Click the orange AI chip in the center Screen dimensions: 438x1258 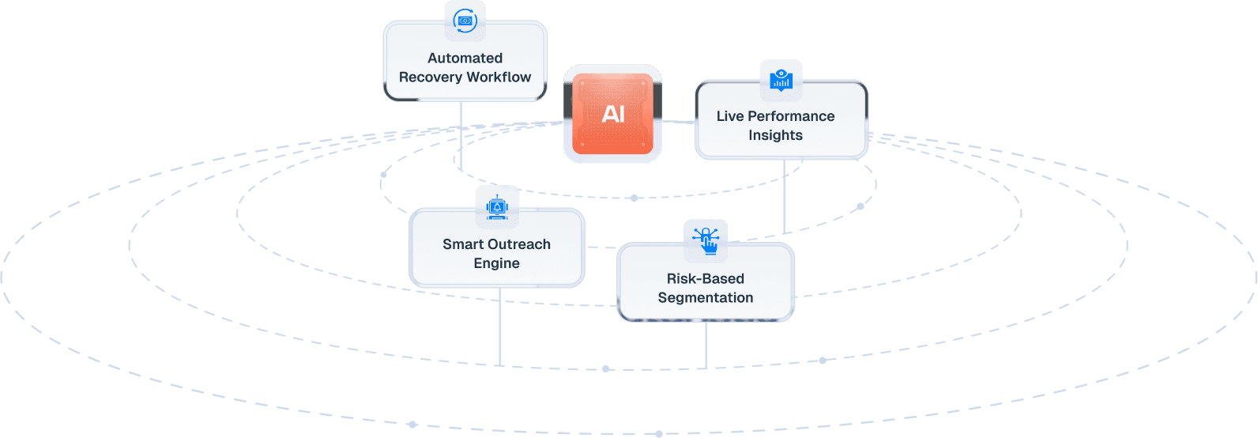[x=612, y=114]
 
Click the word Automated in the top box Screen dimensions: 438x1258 [x=465, y=58]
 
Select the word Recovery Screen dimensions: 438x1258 [x=431, y=77]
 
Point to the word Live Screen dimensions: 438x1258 [x=730, y=116]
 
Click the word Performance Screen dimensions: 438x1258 [x=791, y=116]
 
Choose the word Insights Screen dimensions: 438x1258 [x=775, y=135]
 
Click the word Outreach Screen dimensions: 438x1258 [x=519, y=244]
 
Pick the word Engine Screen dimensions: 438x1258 [x=496, y=263]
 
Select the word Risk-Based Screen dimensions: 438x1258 [x=705, y=278]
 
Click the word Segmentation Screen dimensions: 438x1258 [x=705, y=297]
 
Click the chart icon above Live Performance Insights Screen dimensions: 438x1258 [x=781, y=79]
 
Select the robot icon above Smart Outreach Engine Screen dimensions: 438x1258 [x=497, y=207]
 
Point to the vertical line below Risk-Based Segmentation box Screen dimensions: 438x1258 [x=706, y=345]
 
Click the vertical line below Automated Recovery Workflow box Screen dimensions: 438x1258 [x=461, y=134]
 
